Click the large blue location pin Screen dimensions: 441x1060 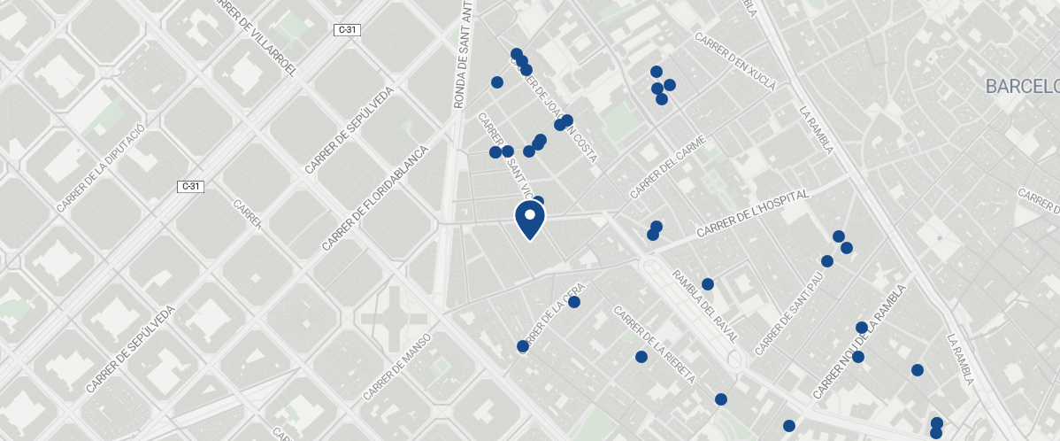pos(529,218)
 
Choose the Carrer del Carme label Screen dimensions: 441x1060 pos(669,166)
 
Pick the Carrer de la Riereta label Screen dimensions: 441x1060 pos(655,344)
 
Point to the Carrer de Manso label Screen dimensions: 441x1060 pos(397,366)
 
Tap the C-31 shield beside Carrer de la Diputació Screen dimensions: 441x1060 pos(190,186)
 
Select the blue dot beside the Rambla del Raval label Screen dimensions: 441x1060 pos(708,284)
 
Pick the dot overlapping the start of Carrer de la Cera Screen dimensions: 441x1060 pos(523,346)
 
